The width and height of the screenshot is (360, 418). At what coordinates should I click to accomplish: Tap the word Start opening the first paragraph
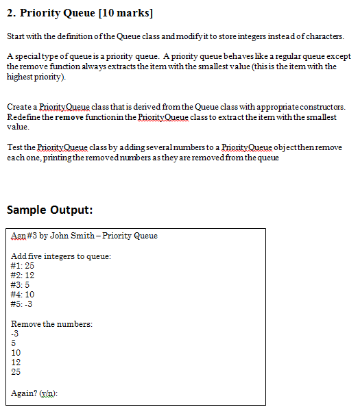15,36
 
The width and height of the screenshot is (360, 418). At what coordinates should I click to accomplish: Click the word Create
19,107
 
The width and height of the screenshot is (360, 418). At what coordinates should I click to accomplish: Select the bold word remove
69,117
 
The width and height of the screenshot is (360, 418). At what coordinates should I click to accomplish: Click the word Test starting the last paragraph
14,147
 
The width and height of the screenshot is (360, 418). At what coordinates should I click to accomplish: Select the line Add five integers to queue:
61,256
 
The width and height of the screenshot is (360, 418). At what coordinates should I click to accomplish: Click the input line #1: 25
23,265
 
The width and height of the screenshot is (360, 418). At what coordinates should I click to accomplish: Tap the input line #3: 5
21,284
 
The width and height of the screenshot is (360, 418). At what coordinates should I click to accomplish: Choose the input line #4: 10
23,293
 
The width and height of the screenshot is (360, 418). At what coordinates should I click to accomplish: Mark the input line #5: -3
23,304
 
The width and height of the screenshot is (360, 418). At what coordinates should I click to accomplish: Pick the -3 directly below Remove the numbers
16,333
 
